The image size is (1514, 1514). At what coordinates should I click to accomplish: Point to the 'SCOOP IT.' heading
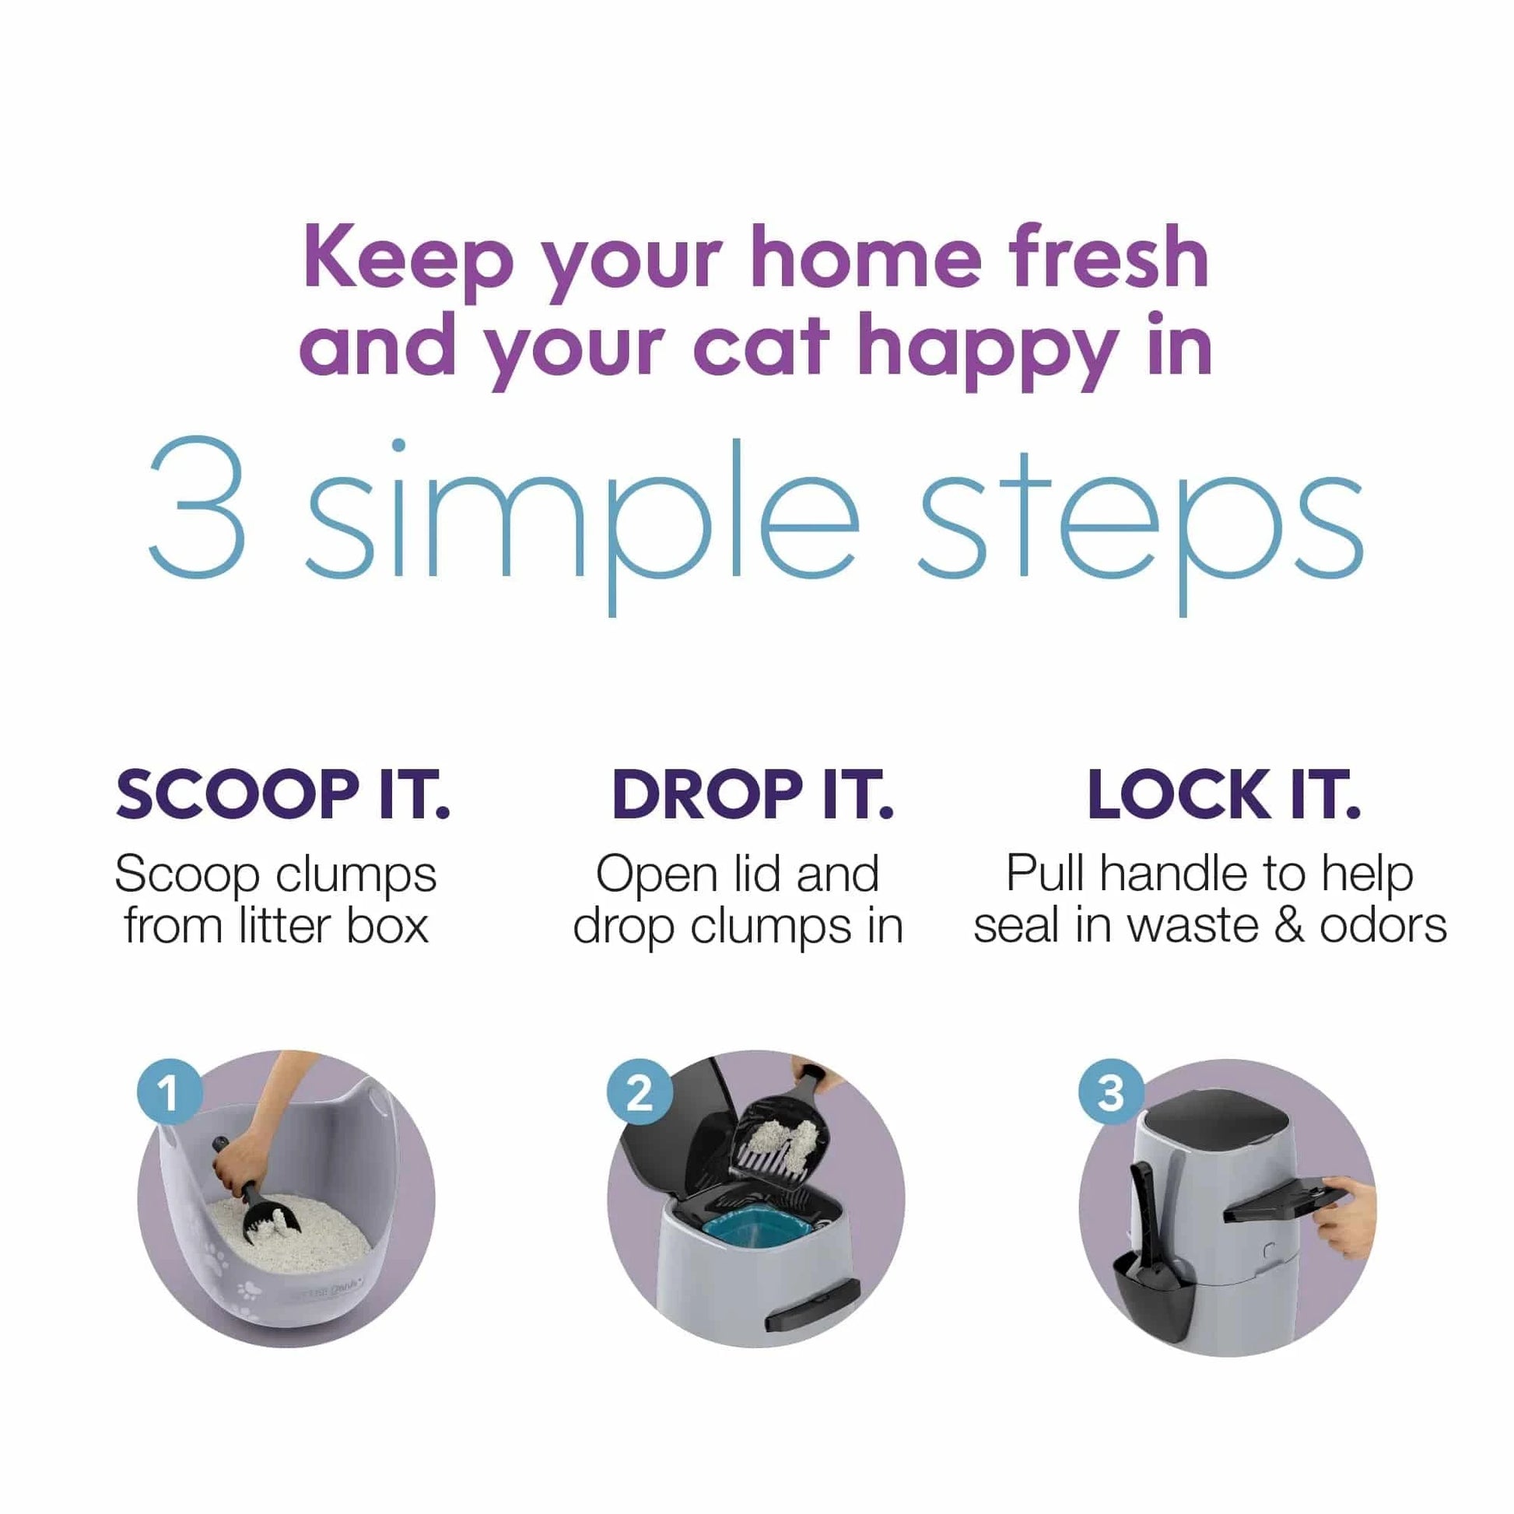pyautogui.click(x=283, y=794)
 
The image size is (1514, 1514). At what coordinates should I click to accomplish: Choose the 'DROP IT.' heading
pyautogui.click(x=752, y=794)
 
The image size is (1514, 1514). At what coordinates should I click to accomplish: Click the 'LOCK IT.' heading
pyautogui.click(x=1224, y=794)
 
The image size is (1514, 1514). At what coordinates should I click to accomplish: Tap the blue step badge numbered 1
pyautogui.click(x=170, y=1092)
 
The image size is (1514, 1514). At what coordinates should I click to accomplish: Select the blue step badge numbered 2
pyautogui.click(x=640, y=1092)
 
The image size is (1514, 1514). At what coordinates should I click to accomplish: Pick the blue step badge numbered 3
pyautogui.click(x=1110, y=1092)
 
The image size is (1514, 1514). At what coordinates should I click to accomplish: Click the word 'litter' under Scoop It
pyautogui.click(x=285, y=926)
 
